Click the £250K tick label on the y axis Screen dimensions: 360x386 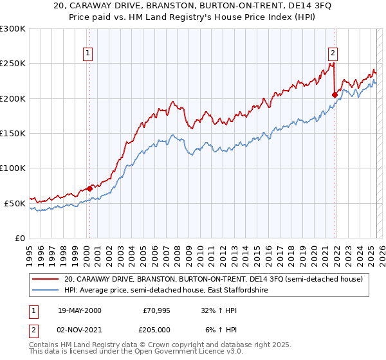[x=13, y=64]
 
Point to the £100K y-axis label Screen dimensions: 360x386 [x=13, y=168]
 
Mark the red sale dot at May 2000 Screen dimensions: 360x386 [x=89, y=188]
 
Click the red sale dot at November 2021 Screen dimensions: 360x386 [x=335, y=94]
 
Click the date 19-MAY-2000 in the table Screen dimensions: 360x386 [x=80, y=310]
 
